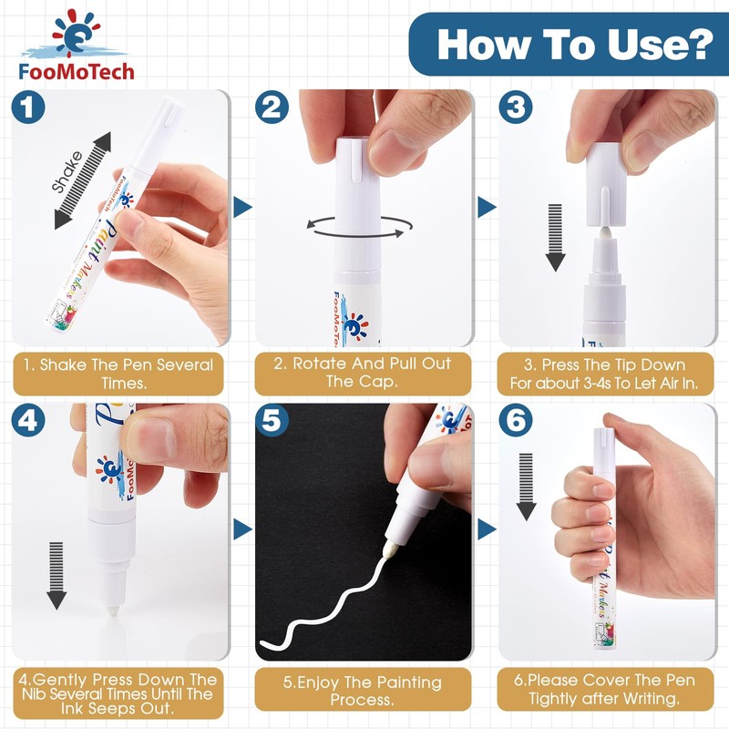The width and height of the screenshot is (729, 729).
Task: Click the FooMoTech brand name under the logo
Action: pos(77,71)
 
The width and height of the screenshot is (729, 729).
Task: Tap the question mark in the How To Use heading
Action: pos(697,44)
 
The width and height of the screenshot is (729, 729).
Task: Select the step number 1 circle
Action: pos(28,107)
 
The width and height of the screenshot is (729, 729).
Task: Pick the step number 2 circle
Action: pos(272,107)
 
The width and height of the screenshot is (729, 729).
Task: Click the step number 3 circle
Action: pos(516,107)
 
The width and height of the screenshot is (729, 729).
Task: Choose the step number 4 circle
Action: pos(28,420)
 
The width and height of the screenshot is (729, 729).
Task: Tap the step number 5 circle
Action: pos(272,420)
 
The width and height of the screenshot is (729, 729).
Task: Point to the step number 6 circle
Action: pos(516,420)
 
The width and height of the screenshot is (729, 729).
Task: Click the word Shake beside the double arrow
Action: pos(67,171)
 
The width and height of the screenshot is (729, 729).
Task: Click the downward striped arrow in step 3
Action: pos(555,237)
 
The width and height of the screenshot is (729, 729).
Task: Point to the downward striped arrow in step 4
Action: pos(56,576)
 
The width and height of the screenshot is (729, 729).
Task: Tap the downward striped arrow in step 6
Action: pos(526,487)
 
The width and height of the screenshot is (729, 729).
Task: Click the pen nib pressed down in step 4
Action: pos(114,611)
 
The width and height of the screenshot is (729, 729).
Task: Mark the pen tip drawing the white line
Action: pos(386,552)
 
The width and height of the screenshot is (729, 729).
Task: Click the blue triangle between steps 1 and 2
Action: pos(242,207)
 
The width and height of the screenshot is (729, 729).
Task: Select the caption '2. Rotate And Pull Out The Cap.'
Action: pos(363,373)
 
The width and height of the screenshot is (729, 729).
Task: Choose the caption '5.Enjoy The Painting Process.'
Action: pos(363,691)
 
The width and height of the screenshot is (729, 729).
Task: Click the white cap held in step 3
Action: pos(603,184)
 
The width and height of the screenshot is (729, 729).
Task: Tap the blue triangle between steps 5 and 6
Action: pos(487,529)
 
